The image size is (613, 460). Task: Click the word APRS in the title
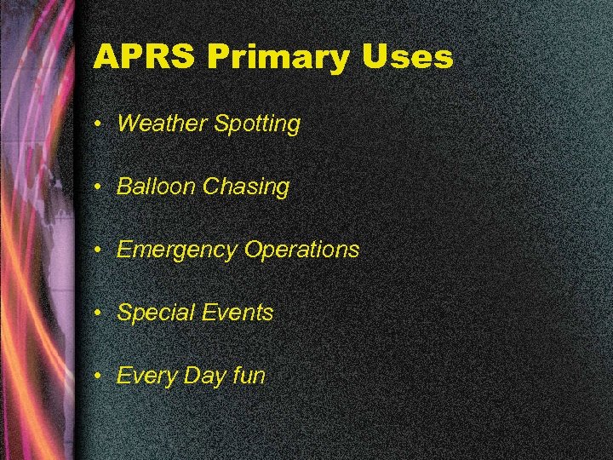tap(145, 58)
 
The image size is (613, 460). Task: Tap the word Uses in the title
tap(406, 58)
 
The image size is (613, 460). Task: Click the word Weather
tap(162, 124)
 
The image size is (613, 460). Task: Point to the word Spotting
tap(257, 124)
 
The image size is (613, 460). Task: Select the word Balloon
tap(157, 187)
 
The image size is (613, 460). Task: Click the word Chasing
tap(246, 187)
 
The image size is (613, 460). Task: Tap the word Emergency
tap(177, 250)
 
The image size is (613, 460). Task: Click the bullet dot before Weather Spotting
tap(100, 124)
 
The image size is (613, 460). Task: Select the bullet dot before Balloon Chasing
tap(100, 187)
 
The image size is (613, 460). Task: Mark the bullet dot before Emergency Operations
tap(100, 250)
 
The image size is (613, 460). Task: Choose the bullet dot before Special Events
tap(100, 313)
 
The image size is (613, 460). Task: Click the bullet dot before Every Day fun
tap(100, 376)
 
